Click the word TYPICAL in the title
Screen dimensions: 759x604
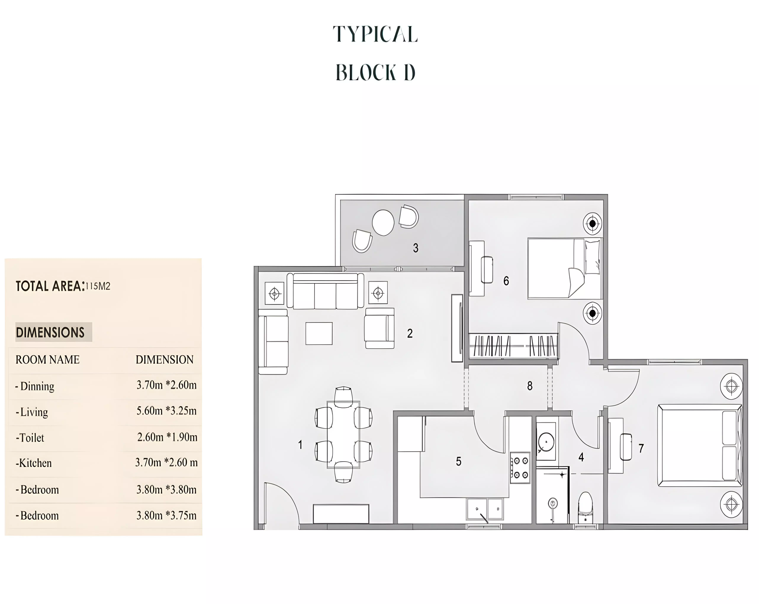(375, 34)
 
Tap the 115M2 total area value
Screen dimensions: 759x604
(98, 286)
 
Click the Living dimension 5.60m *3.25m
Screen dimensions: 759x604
(167, 411)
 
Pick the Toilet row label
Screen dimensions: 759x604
(30, 438)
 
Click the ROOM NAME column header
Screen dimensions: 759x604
(48, 360)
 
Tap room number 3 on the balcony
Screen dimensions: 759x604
(416, 248)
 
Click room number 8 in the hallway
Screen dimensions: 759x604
(530, 386)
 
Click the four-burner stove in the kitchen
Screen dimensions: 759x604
(520, 468)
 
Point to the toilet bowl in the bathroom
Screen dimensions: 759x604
(585, 507)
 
